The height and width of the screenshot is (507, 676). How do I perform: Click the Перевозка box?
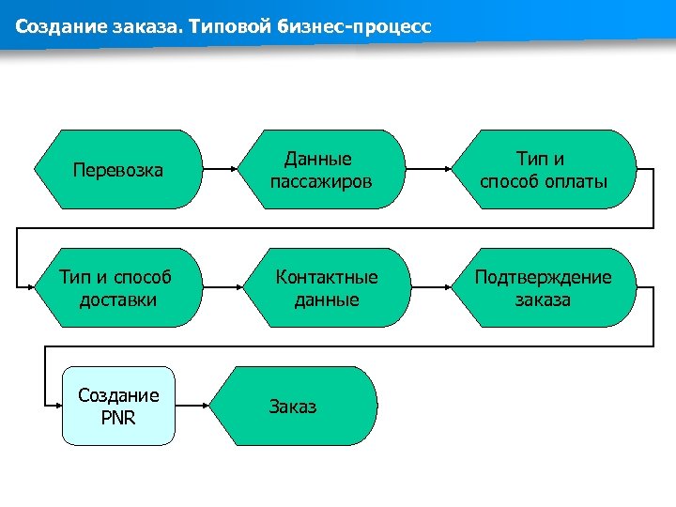coord(118,170)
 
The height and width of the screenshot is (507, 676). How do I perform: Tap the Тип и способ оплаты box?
coord(544,170)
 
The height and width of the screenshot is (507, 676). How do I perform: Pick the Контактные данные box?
coord(326,288)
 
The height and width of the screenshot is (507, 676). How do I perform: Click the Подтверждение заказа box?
coord(543,288)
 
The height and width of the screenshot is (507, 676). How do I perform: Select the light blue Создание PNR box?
coord(119,406)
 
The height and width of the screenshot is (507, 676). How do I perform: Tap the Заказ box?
coord(294,407)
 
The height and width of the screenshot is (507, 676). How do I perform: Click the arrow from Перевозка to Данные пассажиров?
coord(220,170)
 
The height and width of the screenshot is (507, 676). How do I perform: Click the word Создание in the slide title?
coord(53,27)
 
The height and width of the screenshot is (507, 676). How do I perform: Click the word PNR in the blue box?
coord(118,417)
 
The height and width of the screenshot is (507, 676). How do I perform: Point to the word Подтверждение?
coord(543,277)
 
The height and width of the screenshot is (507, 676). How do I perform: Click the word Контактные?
coord(326,277)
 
